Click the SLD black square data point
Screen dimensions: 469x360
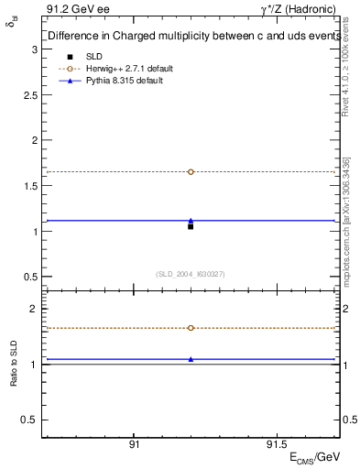[191, 225]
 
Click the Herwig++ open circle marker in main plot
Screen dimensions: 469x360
[191, 171]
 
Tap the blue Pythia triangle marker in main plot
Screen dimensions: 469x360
[191, 220]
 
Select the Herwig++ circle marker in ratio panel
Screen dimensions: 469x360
[191, 327]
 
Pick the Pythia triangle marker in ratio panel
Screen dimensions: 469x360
[191, 359]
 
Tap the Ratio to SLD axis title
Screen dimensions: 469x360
[14, 365]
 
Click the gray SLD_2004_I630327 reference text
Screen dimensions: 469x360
[191, 273]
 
